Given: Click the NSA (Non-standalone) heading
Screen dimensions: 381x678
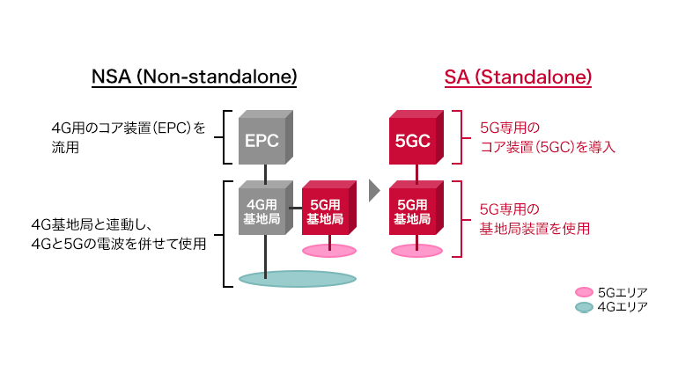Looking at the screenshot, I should pyautogui.click(x=195, y=77).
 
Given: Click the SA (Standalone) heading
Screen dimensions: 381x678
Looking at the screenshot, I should pyautogui.click(x=518, y=77).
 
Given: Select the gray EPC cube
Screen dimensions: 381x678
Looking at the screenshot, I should pyautogui.click(x=263, y=138).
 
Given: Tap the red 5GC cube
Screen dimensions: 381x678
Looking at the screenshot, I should pyautogui.click(x=414, y=138).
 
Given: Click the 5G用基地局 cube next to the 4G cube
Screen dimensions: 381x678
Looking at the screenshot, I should pyautogui.click(x=328, y=211).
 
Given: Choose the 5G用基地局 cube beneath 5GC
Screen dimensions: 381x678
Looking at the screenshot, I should pyautogui.click(x=414, y=211).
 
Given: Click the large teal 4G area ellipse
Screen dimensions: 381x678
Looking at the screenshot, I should pyautogui.click(x=298, y=279).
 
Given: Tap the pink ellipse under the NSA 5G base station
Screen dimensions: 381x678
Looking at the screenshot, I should pyautogui.click(x=329, y=251).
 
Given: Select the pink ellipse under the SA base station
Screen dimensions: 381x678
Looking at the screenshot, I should pyautogui.click(x=416, y=251).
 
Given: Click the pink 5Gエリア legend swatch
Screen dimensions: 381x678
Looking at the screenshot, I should pyautogui.click(x=583, y=291).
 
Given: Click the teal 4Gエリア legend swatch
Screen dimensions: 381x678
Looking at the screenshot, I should pyautogui.click(x=583, y=307).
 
